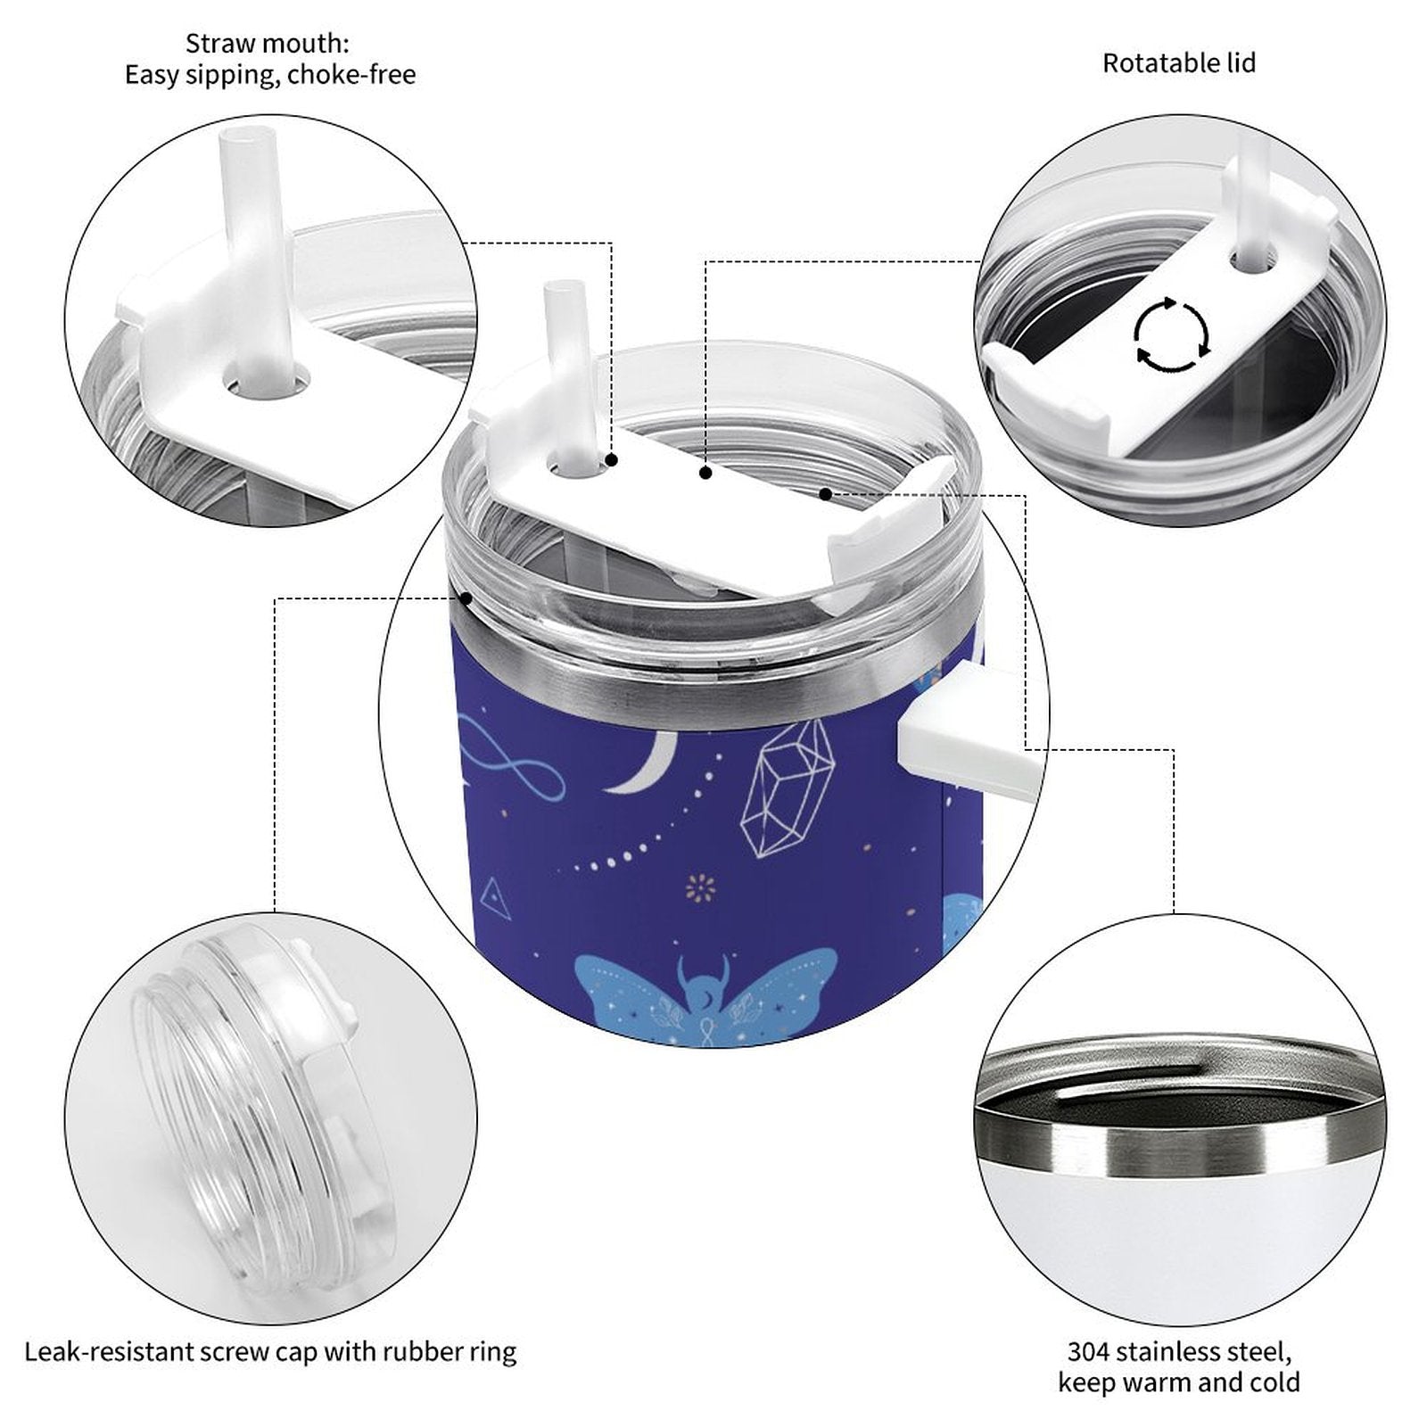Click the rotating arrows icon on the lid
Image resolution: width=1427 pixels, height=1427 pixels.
1171,335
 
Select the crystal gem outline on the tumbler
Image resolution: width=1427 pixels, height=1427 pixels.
787,786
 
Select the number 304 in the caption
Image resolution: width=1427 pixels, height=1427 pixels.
1088,1351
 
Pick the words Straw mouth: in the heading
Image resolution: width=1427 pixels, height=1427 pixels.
268,42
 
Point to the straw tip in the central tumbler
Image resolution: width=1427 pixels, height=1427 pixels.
559,290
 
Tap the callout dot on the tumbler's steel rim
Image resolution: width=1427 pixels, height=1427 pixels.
465,598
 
